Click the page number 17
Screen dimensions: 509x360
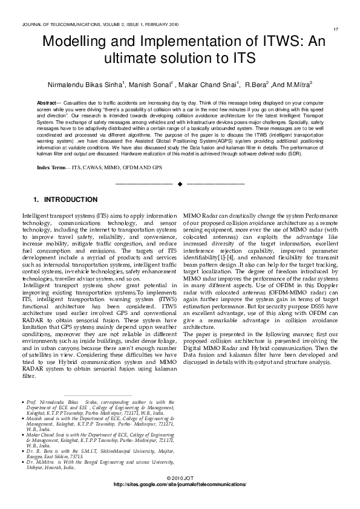tap(335, 29)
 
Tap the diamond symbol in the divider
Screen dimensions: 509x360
tap(180, 183)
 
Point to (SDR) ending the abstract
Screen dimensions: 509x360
tap(313, 154)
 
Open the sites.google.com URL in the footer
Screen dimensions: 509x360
tap(180, 485)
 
